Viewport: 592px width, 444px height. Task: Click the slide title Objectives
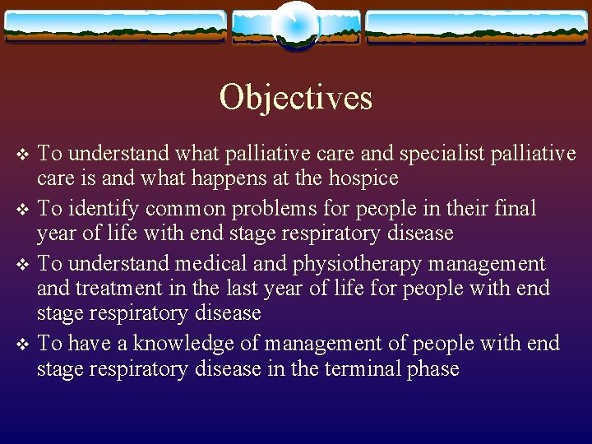[x=295, y=98]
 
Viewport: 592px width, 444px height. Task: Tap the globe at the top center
[x=296, y=25]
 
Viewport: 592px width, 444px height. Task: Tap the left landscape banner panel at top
[x=114, y=26]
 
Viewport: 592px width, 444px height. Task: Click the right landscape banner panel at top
[x=477, y=26]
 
